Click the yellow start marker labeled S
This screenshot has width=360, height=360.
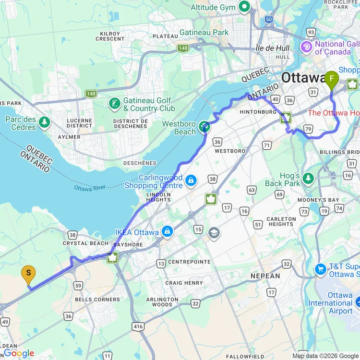(28, 275)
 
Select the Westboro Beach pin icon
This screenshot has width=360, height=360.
(205, 127)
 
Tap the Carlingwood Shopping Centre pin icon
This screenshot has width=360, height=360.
(191, 180)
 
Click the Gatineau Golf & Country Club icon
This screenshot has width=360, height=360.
(114, 104)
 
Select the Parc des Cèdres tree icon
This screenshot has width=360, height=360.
(45, 122)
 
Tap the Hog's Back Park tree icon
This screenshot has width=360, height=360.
(308, 179)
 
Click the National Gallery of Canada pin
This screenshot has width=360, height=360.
(306, 47)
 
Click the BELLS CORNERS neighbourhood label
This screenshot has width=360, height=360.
(97, 300)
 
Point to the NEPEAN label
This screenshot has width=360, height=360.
(265, 276)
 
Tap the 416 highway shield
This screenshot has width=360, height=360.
(139, 327)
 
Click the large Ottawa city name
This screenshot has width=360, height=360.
(303, 77)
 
